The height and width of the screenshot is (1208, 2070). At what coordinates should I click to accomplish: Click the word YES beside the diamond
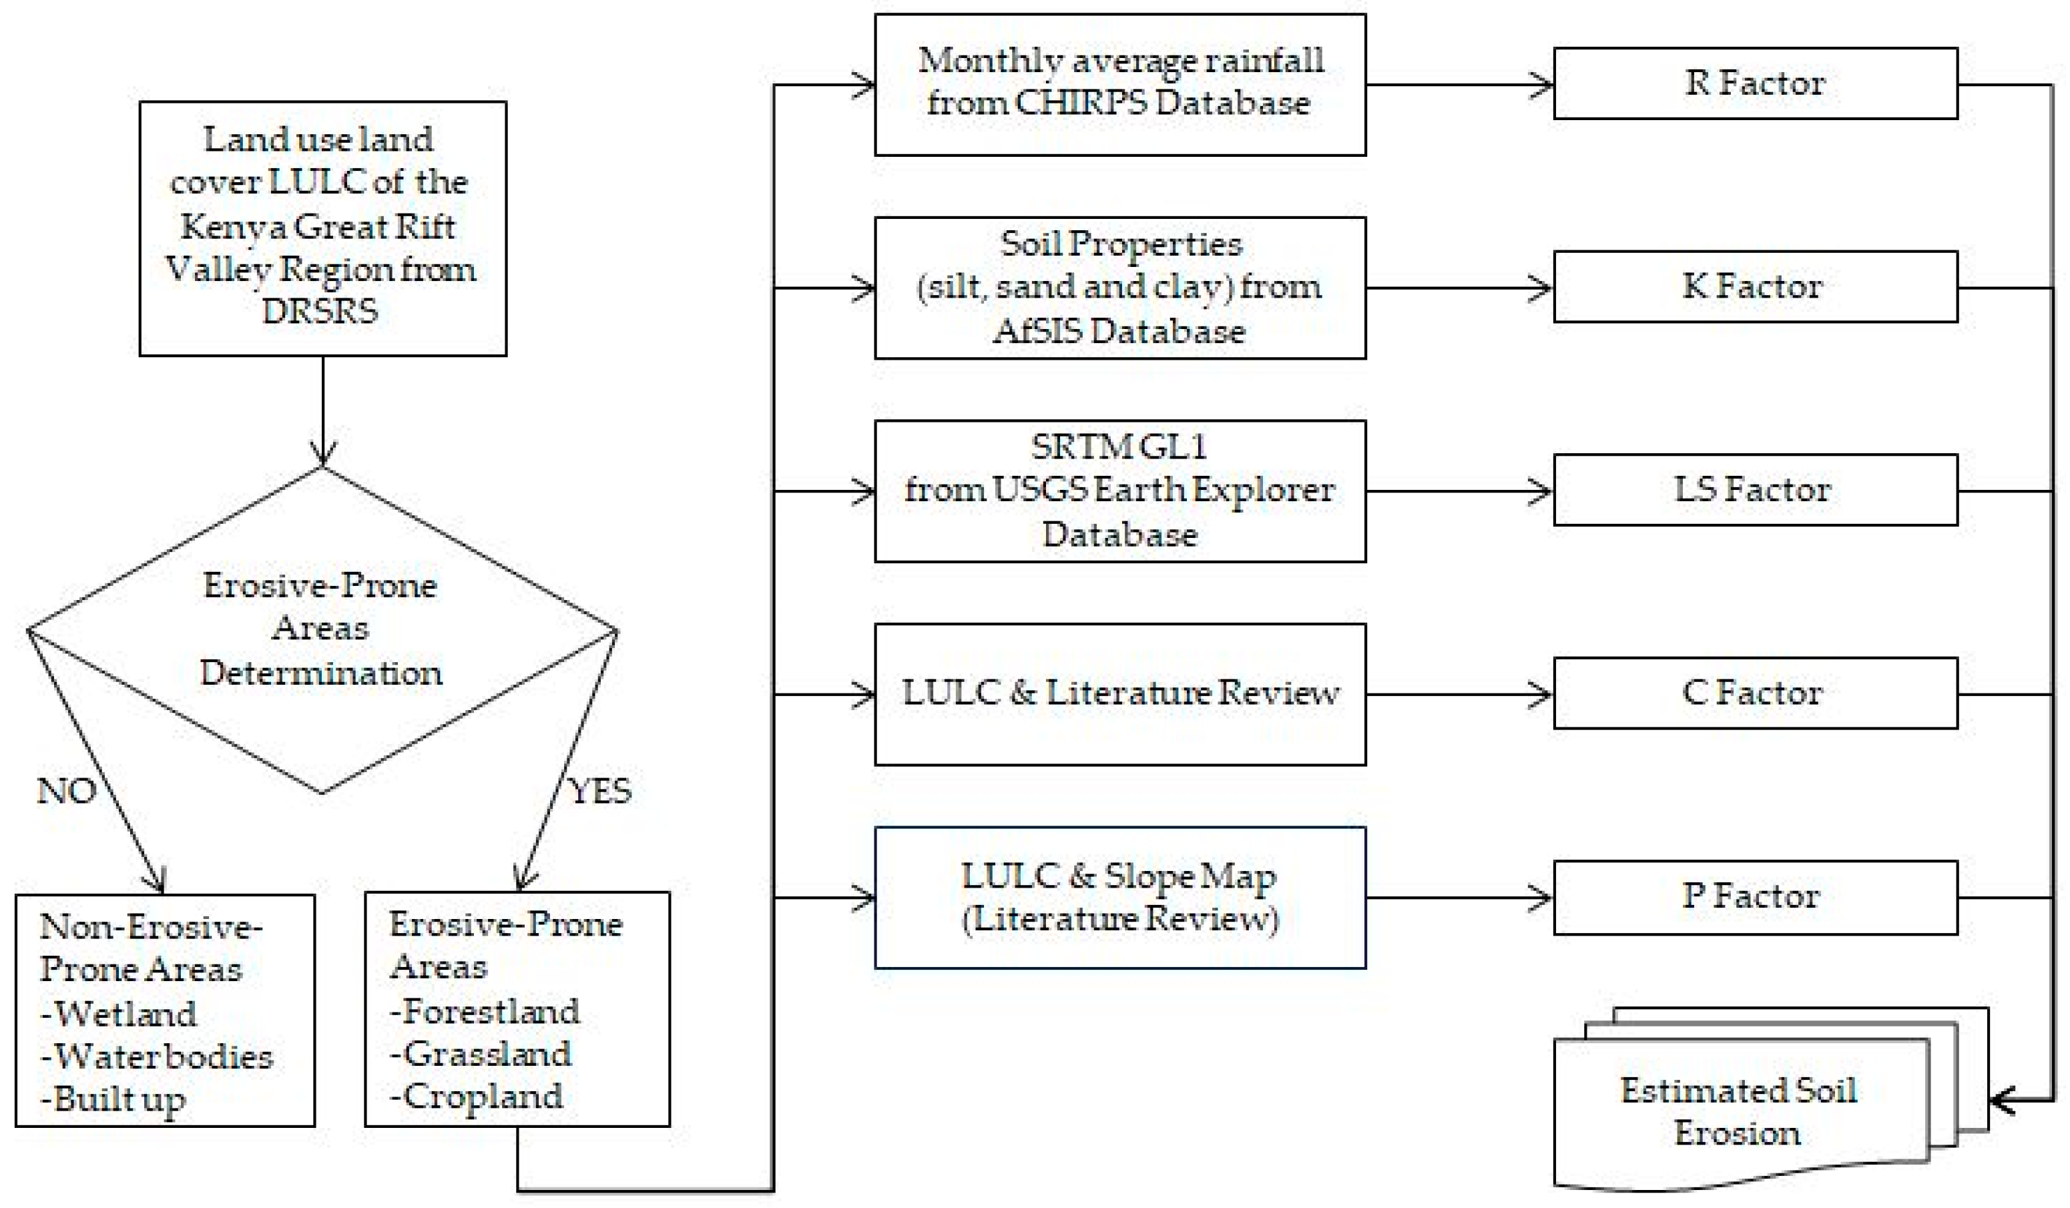[601, 791]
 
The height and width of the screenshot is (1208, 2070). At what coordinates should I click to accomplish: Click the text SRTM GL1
[1119, 446]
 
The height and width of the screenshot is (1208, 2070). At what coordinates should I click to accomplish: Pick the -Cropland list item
[477, 1097]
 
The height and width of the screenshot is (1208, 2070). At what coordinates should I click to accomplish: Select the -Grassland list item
[481, 1054]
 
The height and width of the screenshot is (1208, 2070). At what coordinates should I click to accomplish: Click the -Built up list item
[113, 1100]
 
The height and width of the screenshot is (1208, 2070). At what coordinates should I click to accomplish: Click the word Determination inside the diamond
[321, 673]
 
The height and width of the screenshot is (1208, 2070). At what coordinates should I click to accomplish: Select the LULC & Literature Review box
[1119, 694]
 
